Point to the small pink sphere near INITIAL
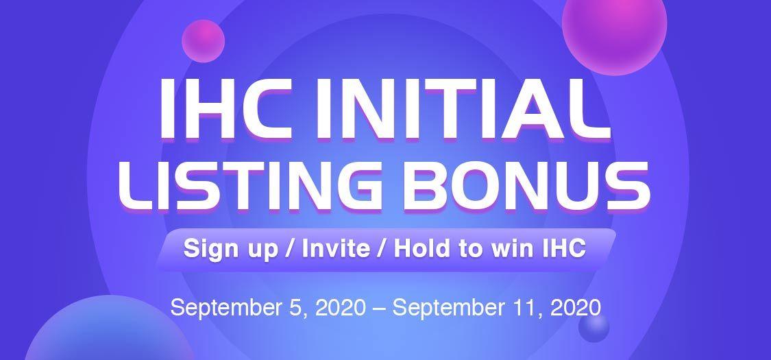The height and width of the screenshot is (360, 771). coord(203,41)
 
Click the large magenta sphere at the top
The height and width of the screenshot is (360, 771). coord(614,25)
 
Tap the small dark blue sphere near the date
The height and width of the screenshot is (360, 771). coord(593,327)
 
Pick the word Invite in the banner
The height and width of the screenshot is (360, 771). coord(336,248)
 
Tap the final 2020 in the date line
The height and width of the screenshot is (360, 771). coord(576,307)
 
